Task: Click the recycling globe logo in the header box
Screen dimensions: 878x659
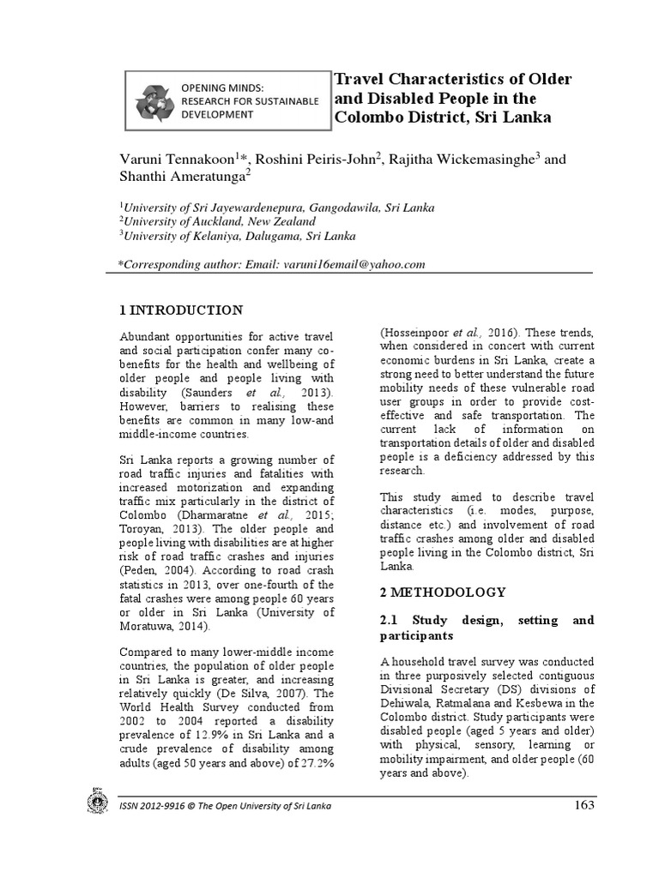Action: click(154, 100)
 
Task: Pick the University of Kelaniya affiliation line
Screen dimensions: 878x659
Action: click(239, 236)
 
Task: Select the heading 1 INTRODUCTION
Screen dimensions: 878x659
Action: click(180, 310)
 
